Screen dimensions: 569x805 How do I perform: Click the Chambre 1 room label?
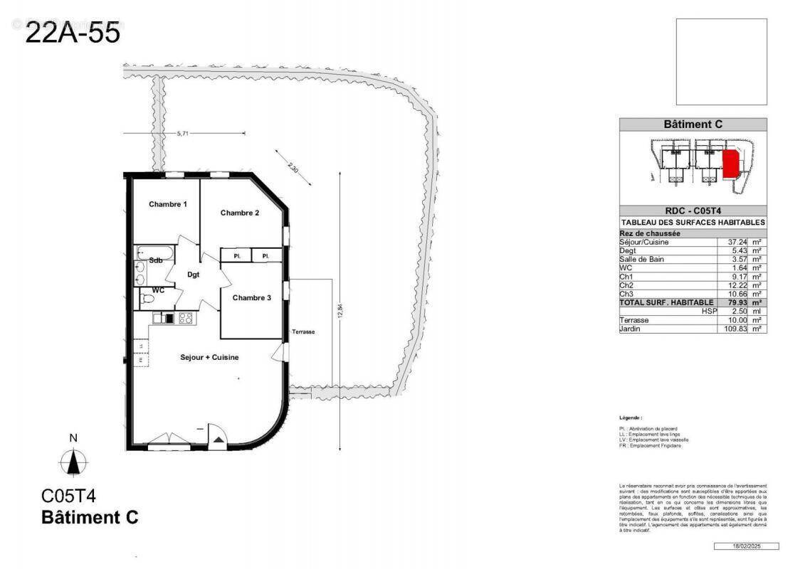tap(168, 205)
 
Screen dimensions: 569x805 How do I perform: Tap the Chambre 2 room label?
tap(239, 213)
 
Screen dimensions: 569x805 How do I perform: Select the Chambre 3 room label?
tap(251, 298)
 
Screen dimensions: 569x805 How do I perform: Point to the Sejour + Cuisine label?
tap(209, 357)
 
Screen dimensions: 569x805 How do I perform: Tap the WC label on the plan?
tap(157, 291)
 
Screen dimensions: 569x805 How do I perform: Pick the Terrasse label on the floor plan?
tap(303, 332)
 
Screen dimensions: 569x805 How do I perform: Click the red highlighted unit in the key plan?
tap(730, 164)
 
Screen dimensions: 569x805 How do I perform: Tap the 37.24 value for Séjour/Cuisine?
tap(730, 243)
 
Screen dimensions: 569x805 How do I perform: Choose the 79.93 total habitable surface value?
tap(730, 302)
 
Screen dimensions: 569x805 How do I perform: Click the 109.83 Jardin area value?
tap(729, 329)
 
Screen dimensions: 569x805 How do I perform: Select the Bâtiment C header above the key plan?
tap(693, 124)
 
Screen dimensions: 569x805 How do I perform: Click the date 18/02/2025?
tap(746, 546)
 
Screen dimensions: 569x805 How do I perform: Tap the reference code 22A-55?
tap(73, 33)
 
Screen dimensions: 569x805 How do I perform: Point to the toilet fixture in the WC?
tap(147, 301)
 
